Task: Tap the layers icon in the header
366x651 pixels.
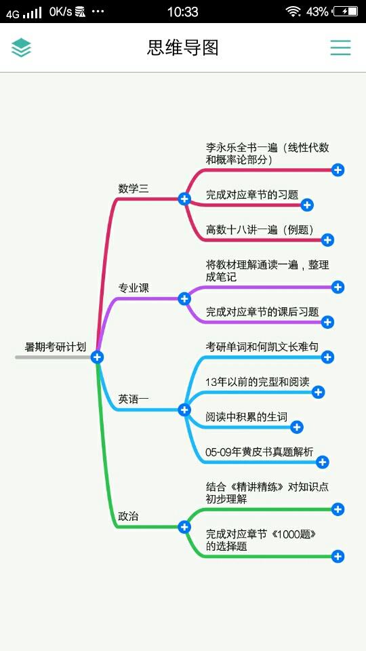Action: pos(21,47)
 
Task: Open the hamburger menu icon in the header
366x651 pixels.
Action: pos(341,47)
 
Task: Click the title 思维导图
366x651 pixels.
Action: pos(182,47)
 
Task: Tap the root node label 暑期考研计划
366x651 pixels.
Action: pos(56,347)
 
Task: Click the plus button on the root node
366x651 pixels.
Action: pos(97,357)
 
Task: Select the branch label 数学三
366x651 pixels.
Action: pos(134,189)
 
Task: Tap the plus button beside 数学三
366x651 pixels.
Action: pos(184,199)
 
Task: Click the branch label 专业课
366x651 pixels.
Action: pos(134,288)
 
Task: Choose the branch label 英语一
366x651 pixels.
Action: pos(134,399)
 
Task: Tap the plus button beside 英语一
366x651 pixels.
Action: pos(184,410)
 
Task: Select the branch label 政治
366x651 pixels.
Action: pos(128,517)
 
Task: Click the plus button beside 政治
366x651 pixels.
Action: pos(184,527)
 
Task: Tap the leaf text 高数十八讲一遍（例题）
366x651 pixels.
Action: pos(260,230)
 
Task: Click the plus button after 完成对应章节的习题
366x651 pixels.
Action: pos(307,205)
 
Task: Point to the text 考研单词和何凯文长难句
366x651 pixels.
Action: pos(262,347)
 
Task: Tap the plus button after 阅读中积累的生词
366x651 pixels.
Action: pos(297,427)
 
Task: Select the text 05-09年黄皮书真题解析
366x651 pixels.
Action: pos(260,452)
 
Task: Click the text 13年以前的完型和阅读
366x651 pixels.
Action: pos(258,382)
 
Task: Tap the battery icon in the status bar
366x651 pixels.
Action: pos(346,12)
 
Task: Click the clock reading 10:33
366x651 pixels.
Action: pos(182,12)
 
